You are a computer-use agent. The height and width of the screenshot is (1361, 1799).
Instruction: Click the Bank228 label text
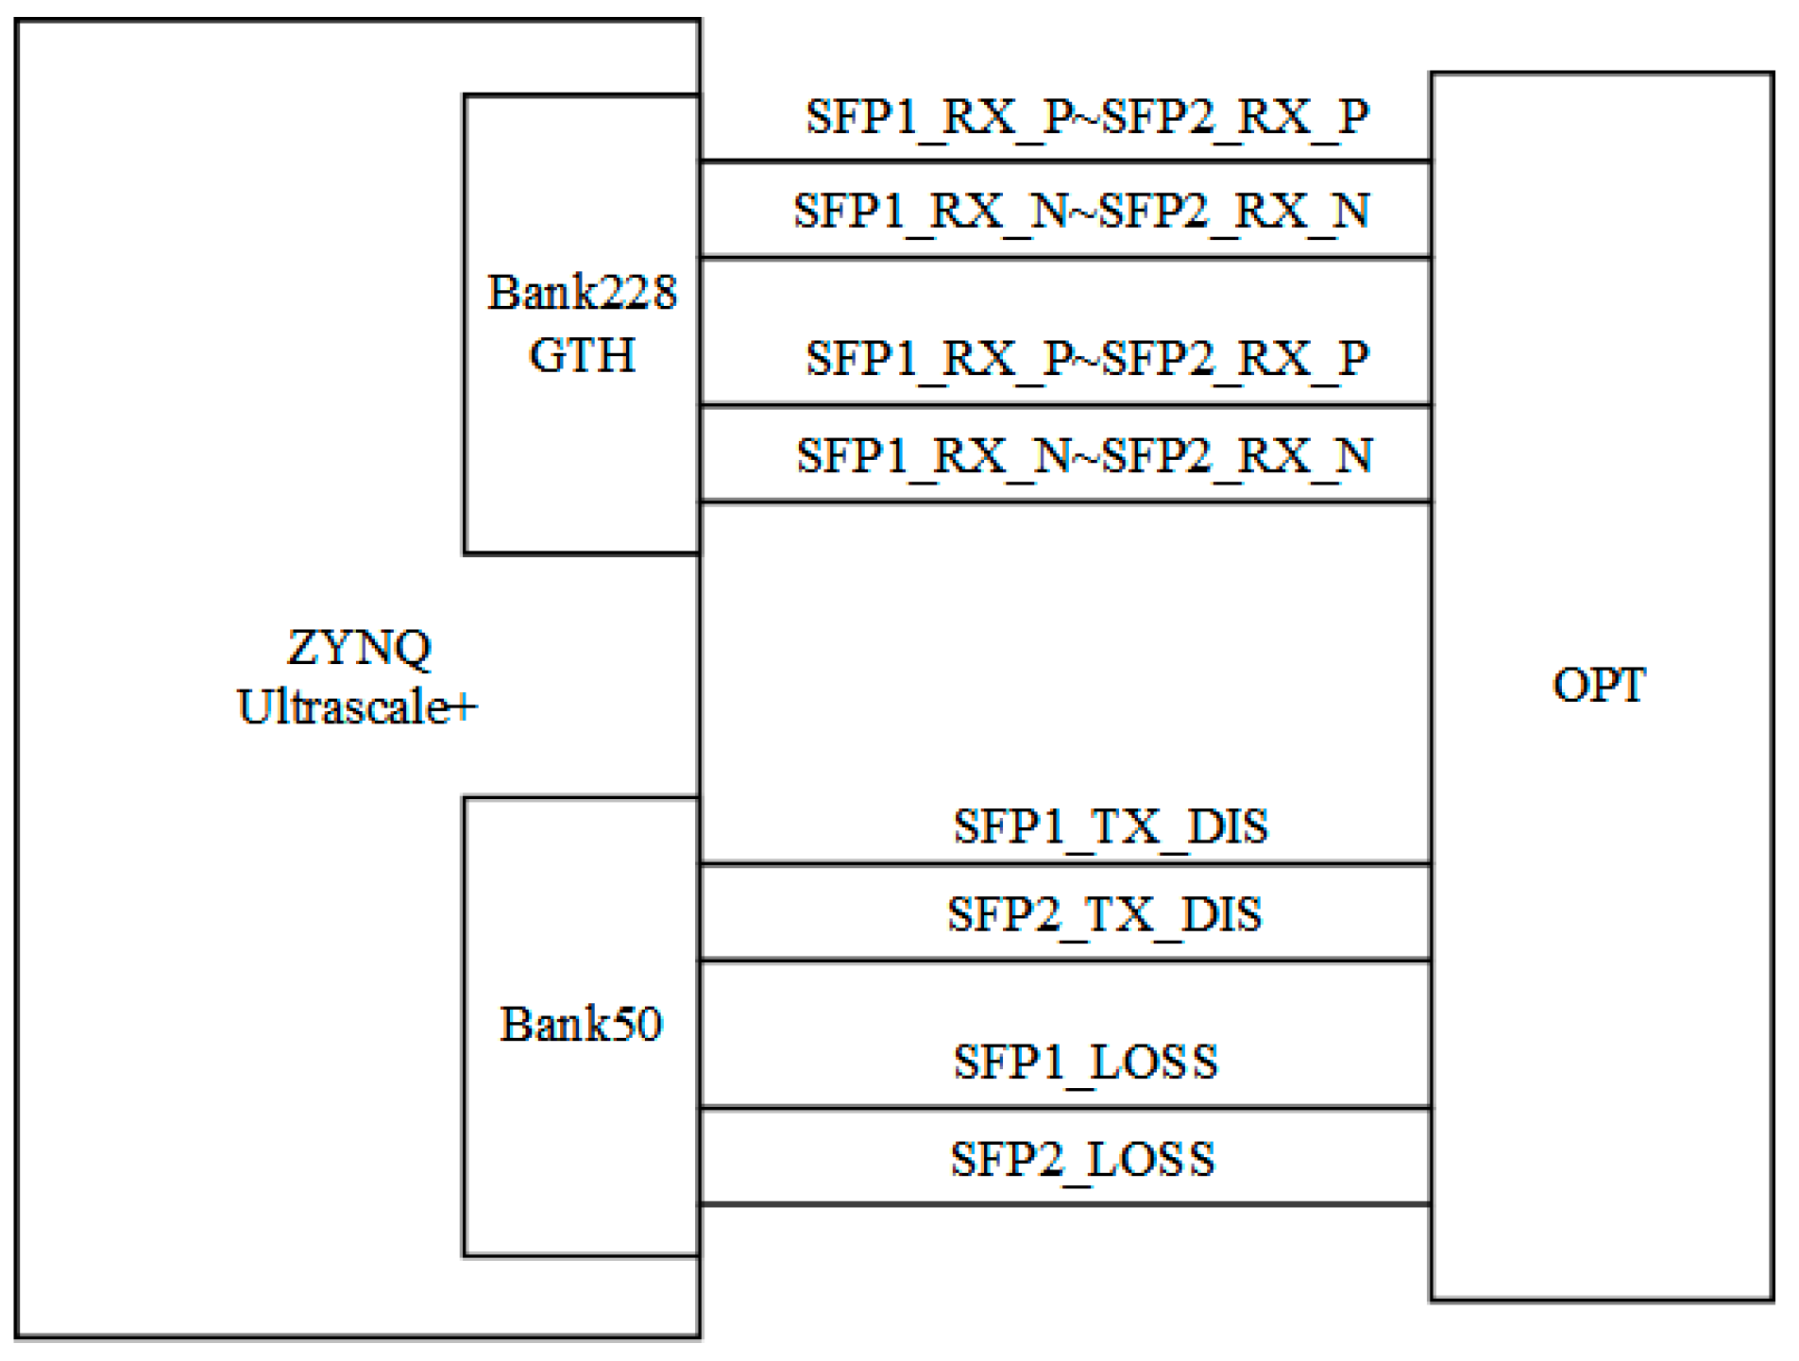[581, 292]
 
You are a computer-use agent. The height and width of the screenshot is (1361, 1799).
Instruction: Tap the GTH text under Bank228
[581, 355]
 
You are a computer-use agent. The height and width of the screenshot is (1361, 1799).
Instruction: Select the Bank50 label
[580, 1024]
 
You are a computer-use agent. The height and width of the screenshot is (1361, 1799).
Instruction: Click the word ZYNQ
[359, 648]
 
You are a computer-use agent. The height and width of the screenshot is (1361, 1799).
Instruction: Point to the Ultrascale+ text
[356, 706]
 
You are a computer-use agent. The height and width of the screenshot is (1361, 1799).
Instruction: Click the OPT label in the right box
[1598, 685]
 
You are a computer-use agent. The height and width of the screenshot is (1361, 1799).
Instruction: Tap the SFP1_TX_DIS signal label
[1110, 826]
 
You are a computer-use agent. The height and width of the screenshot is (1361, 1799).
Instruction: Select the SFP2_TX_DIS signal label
[1104, 914]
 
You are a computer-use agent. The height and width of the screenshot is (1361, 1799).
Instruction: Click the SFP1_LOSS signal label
[1085, 1062]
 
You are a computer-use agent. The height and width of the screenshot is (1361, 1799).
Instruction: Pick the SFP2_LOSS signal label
[1082, 1159]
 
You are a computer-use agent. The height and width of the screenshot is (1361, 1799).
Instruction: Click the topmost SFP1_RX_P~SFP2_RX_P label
[1087, 117]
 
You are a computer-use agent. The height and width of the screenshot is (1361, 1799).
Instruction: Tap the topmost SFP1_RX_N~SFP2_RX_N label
[1081, 211]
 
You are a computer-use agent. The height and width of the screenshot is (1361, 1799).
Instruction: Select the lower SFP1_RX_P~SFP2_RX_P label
[1087, 359]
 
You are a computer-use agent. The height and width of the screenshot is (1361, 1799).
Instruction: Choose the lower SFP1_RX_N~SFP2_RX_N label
[1084, 456]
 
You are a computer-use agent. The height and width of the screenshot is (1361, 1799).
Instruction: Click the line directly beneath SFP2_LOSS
[1065, 1204]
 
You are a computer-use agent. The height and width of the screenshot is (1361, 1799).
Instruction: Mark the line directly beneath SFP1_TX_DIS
[1065, 863]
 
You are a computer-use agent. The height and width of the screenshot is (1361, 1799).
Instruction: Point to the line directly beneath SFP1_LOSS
[1065, 1108]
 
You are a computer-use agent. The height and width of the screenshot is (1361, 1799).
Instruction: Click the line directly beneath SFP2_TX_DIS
[1065, 961]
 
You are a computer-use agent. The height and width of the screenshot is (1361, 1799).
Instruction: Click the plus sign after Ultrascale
[464, 706]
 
